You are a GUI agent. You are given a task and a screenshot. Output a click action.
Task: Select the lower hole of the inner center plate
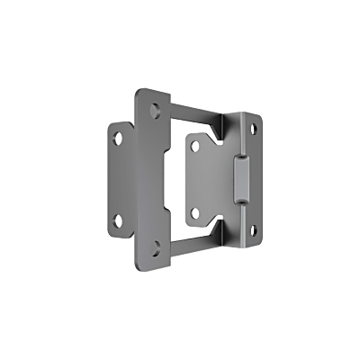(196, 212)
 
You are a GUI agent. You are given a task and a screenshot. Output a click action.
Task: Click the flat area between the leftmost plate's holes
(119, 178)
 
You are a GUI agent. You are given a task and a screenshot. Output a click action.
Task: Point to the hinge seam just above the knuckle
(241, 144)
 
